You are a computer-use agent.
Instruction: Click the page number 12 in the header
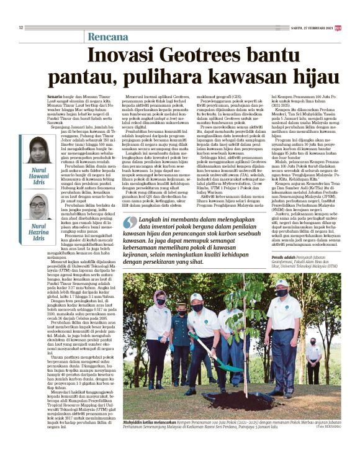click(x=20, y=27)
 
